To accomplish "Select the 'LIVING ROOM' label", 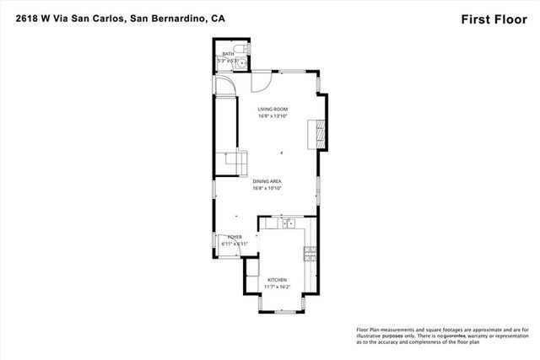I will (x=273, y=109).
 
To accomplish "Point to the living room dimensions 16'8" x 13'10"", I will (x=273, y=116).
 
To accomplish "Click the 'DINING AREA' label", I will (x=266, y=181).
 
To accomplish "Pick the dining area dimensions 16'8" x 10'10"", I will (x=266, y=188).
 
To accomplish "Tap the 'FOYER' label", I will (x=234, y=238).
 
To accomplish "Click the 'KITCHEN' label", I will (x=278, y=280).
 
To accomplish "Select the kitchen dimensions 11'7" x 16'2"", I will (x=278, y=287).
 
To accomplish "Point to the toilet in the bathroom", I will (x=237, y=47).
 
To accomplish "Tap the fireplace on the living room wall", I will (x=318, y=132).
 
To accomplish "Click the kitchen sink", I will (x=287, y=223).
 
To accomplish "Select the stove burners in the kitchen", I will (x=310, y=251).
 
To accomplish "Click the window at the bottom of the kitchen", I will (x=284, y=311).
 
